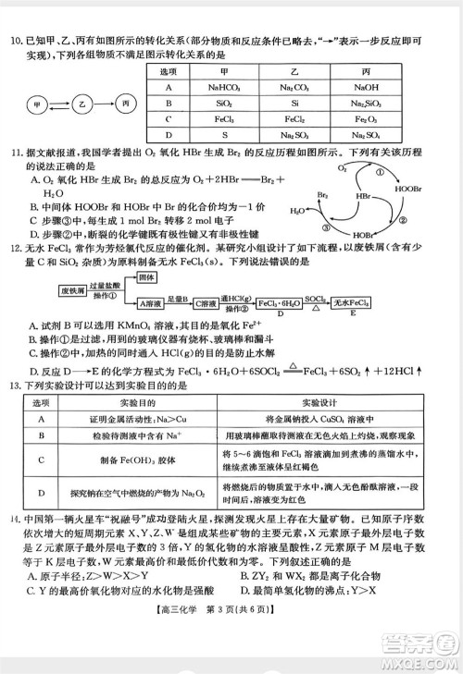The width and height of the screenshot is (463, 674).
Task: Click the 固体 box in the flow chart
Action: [x=145, y=278]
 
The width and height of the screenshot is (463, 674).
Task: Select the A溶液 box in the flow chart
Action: [x=151, y=302]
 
